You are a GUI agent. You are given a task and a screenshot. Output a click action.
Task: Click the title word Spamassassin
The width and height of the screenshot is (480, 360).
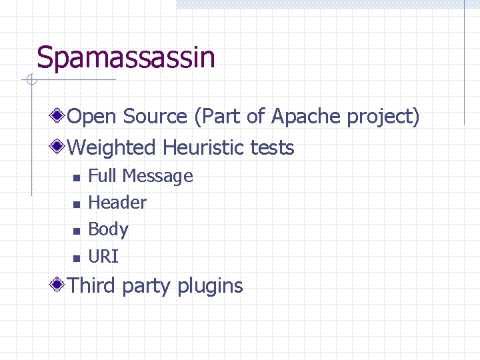click(126, 57)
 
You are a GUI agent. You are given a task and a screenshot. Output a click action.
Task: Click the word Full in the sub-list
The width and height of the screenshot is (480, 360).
click(102, 176)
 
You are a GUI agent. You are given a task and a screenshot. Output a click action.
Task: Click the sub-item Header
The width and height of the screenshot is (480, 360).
click(117, 202)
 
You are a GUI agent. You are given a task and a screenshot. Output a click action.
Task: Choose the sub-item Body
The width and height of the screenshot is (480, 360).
click(108, 229)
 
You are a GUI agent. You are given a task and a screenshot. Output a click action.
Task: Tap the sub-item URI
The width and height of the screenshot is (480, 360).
click(103, 256)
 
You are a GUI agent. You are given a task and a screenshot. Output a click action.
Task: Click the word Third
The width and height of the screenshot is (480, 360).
click(92, 285)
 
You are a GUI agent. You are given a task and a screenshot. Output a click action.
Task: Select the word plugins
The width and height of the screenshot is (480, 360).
click(210, 287)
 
